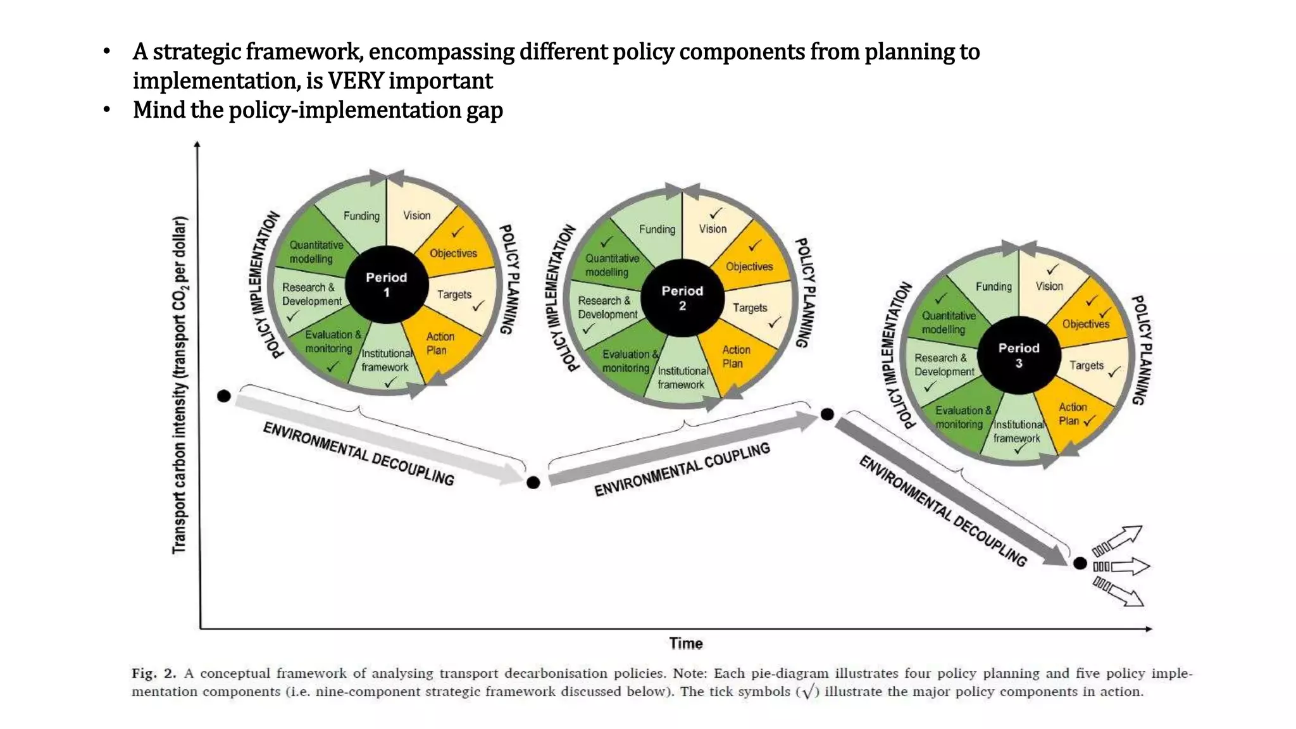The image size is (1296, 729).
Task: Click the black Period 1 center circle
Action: pyautogui.click(x=387, y=285)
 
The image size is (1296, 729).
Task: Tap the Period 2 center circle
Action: pyautogui.click(x=682, y=298)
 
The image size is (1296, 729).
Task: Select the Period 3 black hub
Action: pyautogui.click(x=1019, y=356)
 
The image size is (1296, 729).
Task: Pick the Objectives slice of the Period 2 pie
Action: pyautogui.click(x=749, y=261)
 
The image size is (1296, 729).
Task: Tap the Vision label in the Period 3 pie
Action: pyautogui.click(x=1049, y=286)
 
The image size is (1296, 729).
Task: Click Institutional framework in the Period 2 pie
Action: pyautogui.click(x=682, y=378)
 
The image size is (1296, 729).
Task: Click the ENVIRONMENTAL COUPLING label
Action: pyautogui.click(x=682, y=470)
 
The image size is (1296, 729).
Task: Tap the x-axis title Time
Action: pyautogui.click(x=686, y=644)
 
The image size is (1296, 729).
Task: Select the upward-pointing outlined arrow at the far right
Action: pyautogui.click(x=1125, y=535)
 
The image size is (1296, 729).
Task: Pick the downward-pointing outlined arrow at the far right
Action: pyautogui.click(x=1125, y=595)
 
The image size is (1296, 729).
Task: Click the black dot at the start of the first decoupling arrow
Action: pyautogui.click(x=224, y=396)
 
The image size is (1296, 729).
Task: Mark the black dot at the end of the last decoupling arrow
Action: pyautogui.click(x=1080, y=563)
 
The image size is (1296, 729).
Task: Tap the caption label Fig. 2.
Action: pyautogui.click(x=154, y=673)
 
